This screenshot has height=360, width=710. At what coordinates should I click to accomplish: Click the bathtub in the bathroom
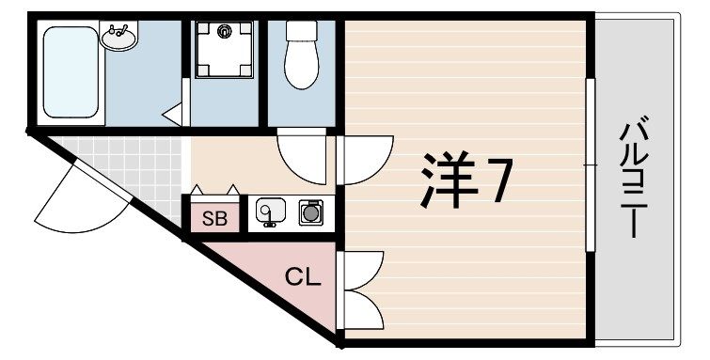72,71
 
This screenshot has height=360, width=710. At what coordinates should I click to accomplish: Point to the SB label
214,221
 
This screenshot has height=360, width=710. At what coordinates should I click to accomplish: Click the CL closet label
304,277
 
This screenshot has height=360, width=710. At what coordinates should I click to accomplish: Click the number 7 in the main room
497,181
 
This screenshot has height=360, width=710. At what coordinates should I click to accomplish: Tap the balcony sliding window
590,164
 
